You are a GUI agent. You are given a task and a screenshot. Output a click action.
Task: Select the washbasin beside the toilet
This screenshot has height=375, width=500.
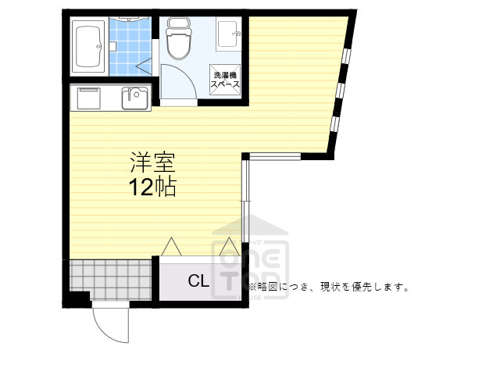tap(229, 33)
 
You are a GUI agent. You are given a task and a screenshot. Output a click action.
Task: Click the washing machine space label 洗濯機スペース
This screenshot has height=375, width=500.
tap(225, 78)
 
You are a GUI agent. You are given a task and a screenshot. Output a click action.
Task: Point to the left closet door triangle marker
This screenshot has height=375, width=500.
tap(172, 247)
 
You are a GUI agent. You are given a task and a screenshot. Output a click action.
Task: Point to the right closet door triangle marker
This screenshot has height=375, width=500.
tap(227, 247)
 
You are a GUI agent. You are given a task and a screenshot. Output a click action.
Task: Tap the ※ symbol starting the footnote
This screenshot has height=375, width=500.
tap(252, 287)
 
